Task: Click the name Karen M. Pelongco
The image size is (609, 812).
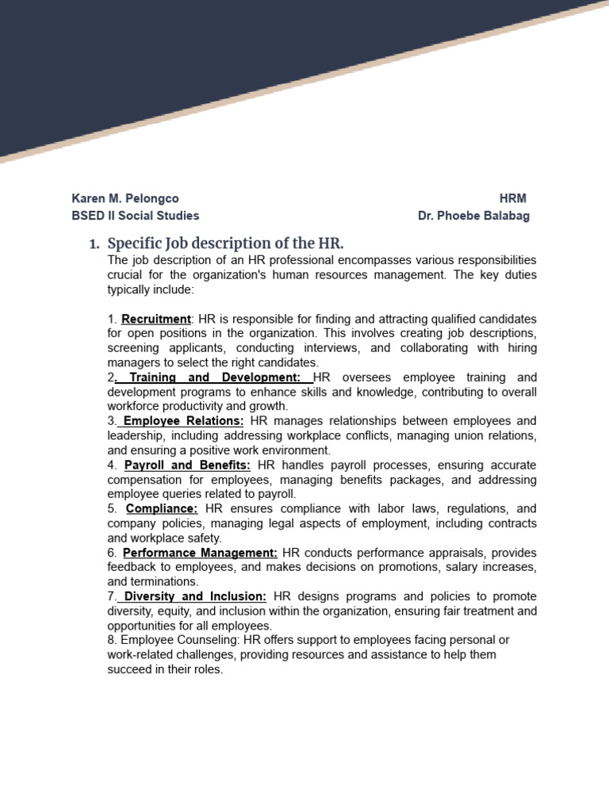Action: [x=125, y=198]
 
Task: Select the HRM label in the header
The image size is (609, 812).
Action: [x=513, y=198]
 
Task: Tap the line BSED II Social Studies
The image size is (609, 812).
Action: [x=136, y=216]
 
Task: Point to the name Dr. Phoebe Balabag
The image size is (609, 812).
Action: [x=473, y=216]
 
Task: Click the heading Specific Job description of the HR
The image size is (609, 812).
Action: [x=225, y=243]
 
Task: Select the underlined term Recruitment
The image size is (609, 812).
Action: [x=156, y=319]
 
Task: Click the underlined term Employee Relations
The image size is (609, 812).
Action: [x=183, y=421]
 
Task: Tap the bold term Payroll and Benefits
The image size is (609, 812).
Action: [x=187, y=465]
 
